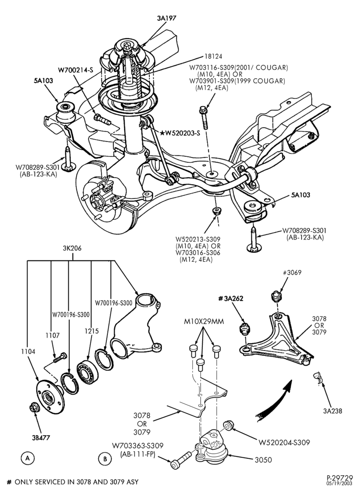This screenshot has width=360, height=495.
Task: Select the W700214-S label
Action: tap(75, 69)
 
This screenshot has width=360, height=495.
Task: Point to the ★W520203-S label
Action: tap(180, 133)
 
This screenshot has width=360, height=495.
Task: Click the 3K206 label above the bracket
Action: tap(72, 248)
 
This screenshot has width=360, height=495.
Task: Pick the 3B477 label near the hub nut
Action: tap(41, 438)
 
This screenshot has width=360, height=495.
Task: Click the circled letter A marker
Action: tap(28, 458)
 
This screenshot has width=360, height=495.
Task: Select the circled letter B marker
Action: tap(105, 458)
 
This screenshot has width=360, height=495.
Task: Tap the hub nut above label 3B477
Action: tap(34, 408)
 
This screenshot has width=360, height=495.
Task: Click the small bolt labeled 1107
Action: tap(60, 357)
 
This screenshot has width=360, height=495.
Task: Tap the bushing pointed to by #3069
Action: tap(276, 297)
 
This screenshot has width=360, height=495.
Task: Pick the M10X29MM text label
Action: tap(204, 322)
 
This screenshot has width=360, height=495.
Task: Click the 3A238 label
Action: tap(333, 411)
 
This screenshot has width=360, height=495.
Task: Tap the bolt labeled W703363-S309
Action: tap(181, 460)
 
